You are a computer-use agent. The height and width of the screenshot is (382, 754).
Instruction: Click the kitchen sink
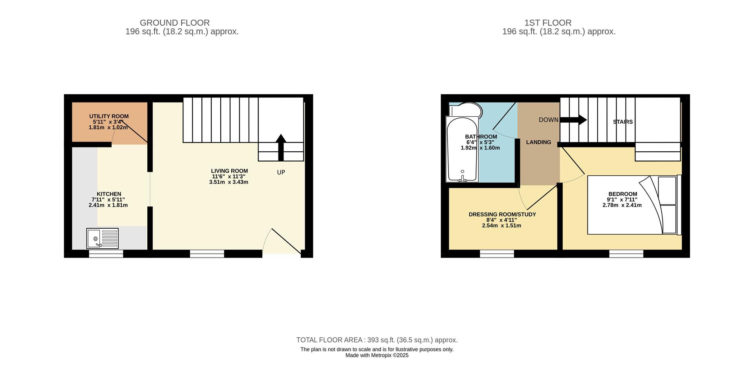tap(102, 239)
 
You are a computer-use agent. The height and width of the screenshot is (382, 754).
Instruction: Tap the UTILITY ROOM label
tap(109, 116)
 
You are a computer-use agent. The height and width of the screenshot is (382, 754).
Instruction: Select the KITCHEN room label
tap(109, 194)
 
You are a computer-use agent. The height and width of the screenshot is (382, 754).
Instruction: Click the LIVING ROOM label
tap(229, 171)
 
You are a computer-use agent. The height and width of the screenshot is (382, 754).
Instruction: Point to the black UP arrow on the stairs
tap(281, 147)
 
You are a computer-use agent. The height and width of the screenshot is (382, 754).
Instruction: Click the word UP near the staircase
tap(281, 173)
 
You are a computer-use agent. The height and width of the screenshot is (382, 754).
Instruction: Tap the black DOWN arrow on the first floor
tap(573, 119)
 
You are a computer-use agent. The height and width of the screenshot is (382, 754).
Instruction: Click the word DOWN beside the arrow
tap(548, 120)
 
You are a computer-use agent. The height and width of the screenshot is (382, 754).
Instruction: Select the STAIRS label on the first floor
tap(623, 122)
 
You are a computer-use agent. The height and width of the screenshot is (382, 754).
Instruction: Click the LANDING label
tap(538, 142)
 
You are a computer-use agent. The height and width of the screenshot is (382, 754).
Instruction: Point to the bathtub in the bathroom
tap(462, 149)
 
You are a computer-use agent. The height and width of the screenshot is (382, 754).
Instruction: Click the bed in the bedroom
tap(632, 205)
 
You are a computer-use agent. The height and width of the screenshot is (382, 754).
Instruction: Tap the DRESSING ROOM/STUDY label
tap(502, 215)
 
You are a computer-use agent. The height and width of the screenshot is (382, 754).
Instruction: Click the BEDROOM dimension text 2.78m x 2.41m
tap(622, 205)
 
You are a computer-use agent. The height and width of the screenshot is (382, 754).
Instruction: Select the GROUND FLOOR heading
tap(175, 23)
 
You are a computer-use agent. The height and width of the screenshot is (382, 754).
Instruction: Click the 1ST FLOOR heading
tap(558, 23)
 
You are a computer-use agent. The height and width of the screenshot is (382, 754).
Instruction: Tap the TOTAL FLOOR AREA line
tap(377, 340)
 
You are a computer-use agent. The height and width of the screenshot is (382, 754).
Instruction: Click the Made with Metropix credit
tap(377, 355)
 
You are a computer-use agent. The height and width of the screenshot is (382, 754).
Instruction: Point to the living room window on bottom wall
tap(207, 254)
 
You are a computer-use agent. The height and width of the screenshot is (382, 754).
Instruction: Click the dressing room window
tap(497, 254)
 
